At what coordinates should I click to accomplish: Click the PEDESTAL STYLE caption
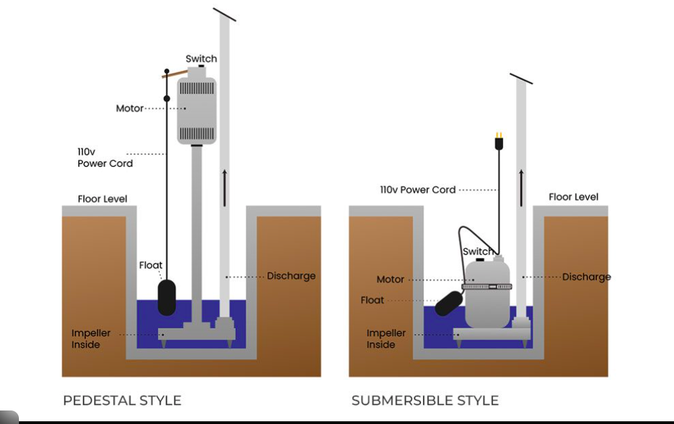pyautogui.click(x=122, y=400)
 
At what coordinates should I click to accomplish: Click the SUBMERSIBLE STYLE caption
pyautogui.click(x=425, y=400)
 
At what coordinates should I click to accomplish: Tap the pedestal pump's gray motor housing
pyautogui.click(x=197, y=110)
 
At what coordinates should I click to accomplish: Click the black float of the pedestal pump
pyautogui.click(x=167, y=298)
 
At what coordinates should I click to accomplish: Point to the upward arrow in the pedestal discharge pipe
pyautogui.click(x=224, y=188)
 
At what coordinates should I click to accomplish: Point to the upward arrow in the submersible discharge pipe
pyautogui.click(x=521, y=188)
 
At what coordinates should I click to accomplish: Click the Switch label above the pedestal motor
pyautogui.click(x=201, y=59)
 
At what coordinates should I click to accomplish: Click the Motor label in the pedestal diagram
pyautogui.click(x=130, y=108)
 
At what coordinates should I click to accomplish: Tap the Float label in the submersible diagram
pyautogui.click(x=372, y=300)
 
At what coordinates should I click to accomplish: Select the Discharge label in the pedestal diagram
pyautogui.click(x=291, y=276)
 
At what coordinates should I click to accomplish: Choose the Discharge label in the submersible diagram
pyautogui.click(x=586, y=277)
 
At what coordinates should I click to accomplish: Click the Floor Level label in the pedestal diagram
pyautogui.click(x=102, y=199)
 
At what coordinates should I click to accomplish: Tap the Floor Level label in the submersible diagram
pyautogui.click(x=573, y=197)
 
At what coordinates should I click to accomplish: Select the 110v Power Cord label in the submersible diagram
pyautogui.click(x=418, y=190)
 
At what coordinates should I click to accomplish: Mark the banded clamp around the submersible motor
pyautogui.click(x=487, y=287)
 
